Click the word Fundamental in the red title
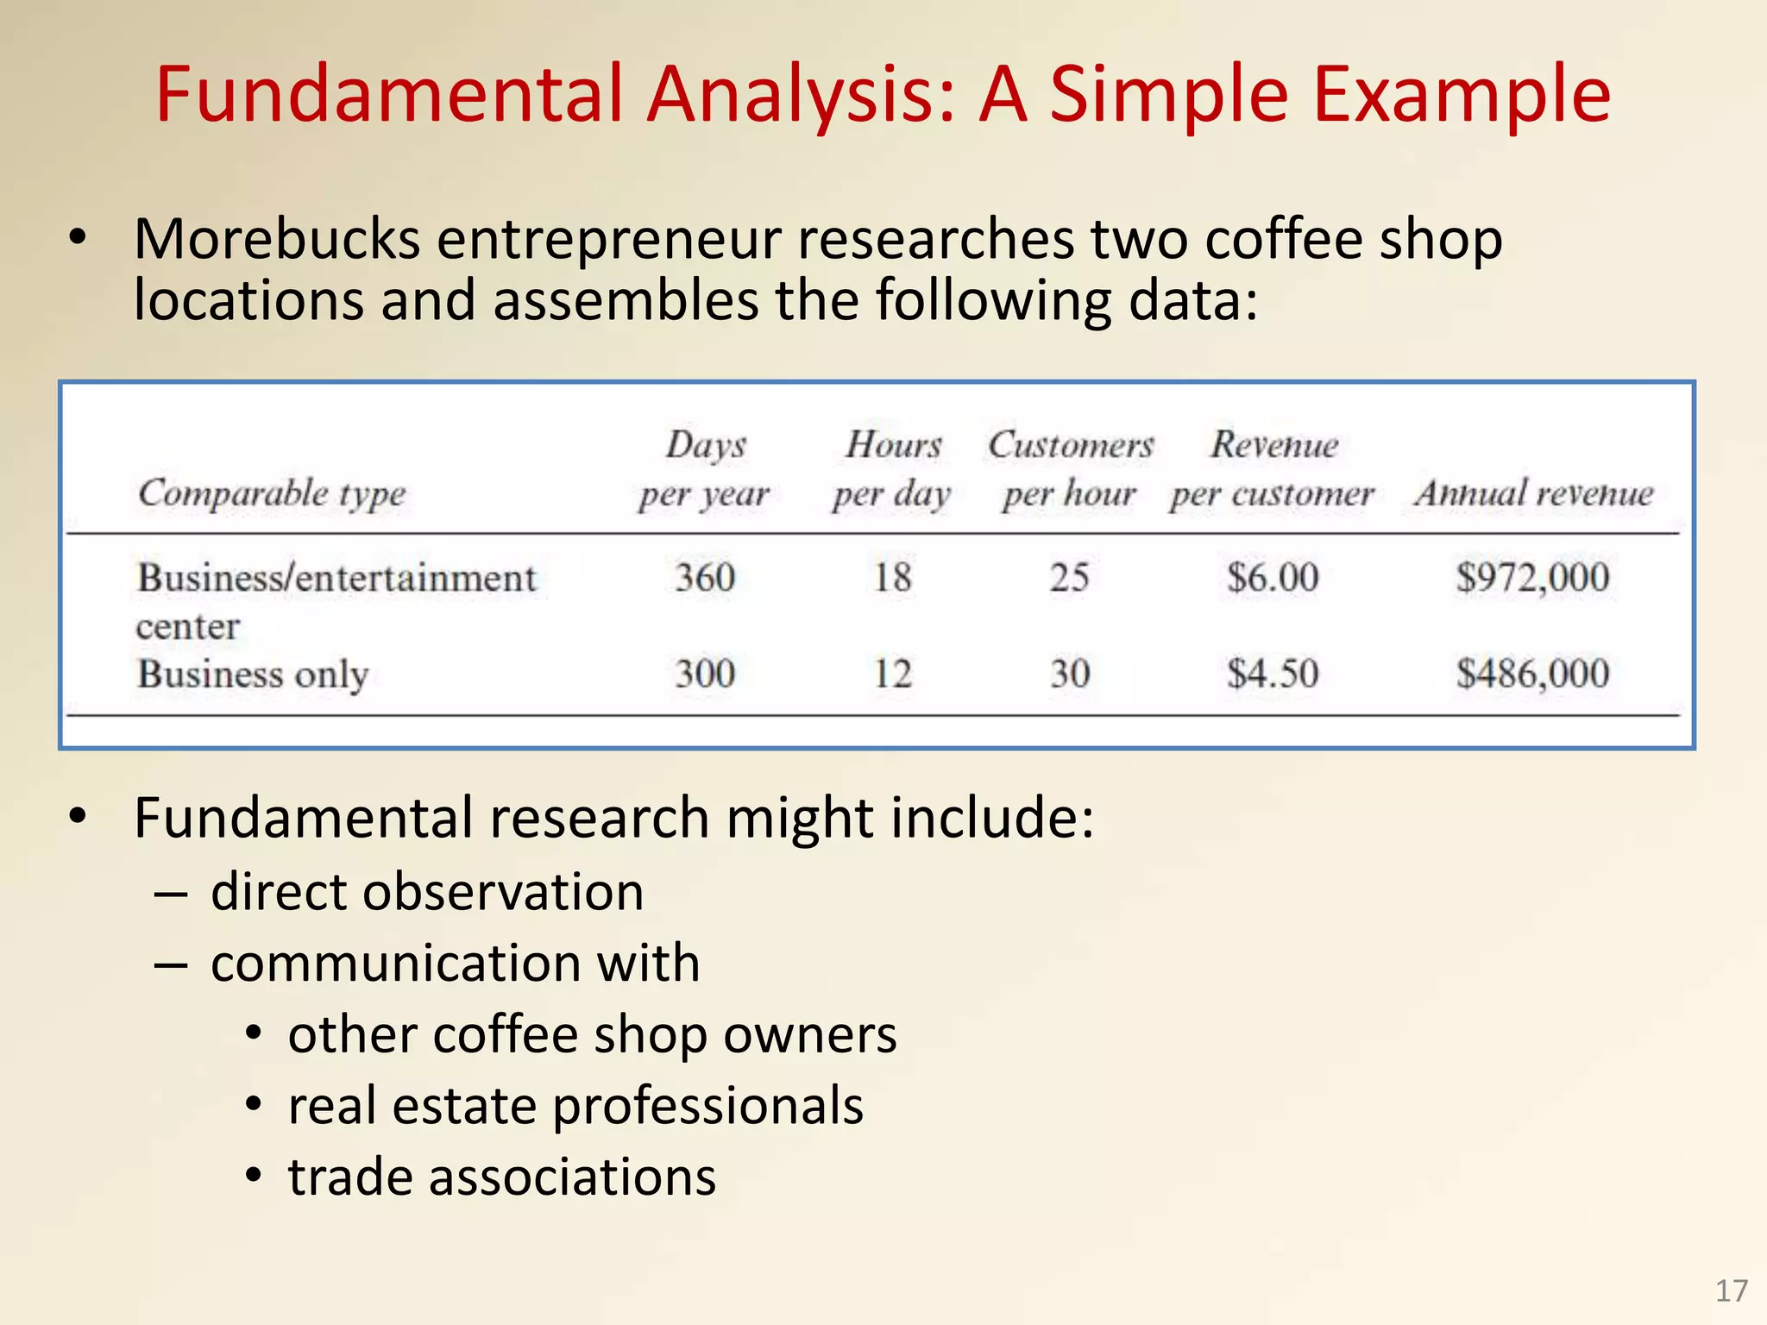pos(388,95)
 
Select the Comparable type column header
pos(272,493)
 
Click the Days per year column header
pos(705,469)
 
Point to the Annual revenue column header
pos(1533,493)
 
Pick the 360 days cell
pos(705,577)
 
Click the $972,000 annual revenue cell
pos(1532,577)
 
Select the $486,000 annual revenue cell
pos(1532,673)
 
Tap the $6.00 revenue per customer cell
pos(1273,577)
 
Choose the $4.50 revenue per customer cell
pos(1273,673)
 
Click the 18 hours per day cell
pos(892,577)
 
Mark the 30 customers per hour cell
pos(1070,673)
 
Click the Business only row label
pos(253,675)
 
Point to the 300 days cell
pos(705,673)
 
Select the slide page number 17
pos(1731,1291)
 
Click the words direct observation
pos(427,892)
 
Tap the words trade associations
pos(501,1177)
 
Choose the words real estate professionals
pos(575,1106)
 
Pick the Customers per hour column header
pos(1070,469)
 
